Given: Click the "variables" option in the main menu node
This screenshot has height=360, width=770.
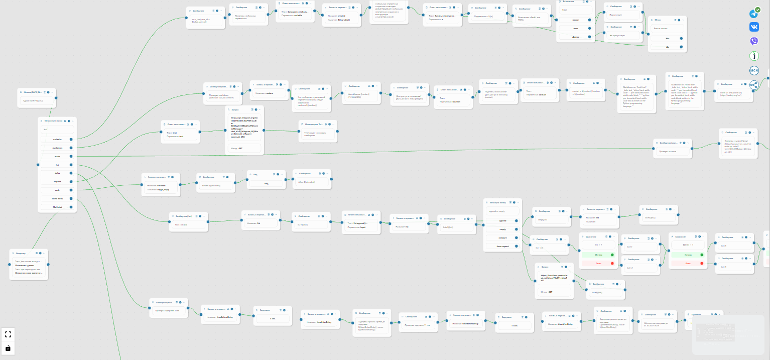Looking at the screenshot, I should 57,139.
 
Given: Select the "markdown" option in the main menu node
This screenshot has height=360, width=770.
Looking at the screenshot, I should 57,148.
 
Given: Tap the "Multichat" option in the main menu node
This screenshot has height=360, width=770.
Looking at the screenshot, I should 57,207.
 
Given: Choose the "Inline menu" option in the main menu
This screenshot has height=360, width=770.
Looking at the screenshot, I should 57,198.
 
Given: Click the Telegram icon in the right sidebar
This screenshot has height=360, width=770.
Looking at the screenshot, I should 754,14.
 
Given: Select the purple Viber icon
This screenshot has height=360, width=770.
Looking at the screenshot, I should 754,42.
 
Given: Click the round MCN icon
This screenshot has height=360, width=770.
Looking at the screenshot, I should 754,71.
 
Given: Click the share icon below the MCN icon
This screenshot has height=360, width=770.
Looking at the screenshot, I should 754,85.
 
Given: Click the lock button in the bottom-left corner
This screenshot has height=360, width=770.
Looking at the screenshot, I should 8,347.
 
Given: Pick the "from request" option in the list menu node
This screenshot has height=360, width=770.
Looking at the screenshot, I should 502,246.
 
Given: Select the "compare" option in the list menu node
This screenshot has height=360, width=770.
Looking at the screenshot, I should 502,237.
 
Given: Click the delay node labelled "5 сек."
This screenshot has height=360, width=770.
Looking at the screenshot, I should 272,318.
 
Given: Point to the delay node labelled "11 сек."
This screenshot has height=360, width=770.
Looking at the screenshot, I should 515,326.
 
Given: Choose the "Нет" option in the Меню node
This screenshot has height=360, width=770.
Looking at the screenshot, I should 667,38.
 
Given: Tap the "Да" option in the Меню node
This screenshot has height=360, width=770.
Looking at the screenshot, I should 667,47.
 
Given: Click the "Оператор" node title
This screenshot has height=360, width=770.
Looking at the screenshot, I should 21,253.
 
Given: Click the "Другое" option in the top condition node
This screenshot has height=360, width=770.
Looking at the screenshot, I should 576,37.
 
